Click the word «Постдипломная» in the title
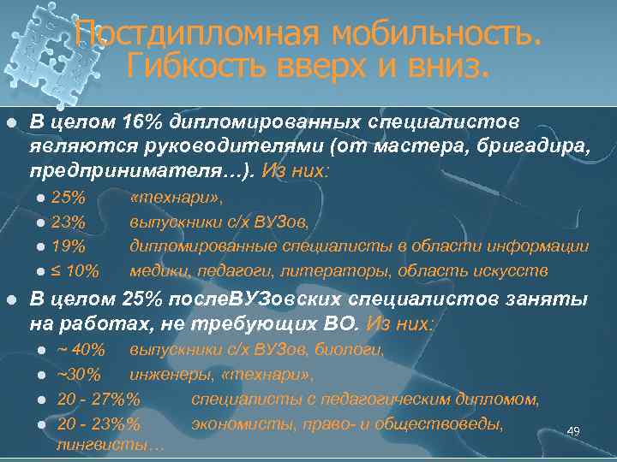tap(195, 33)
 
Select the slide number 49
tap(573, 431)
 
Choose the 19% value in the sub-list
tap(69, 247)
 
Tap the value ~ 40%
tap(81, 350)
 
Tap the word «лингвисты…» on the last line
tap(111, 446)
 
